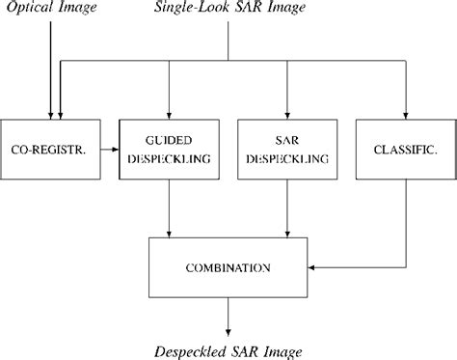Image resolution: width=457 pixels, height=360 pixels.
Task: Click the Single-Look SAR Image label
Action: (x=228, y=9)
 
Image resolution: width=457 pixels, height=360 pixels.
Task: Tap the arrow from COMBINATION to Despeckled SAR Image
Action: (x=229, y=314)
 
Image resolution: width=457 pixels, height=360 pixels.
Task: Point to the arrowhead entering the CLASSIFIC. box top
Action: (x=404, y=114)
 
